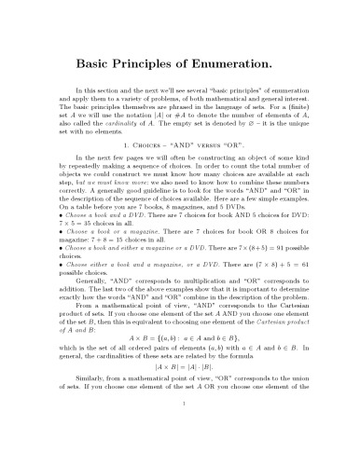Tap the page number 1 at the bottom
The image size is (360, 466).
coord(180,456)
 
